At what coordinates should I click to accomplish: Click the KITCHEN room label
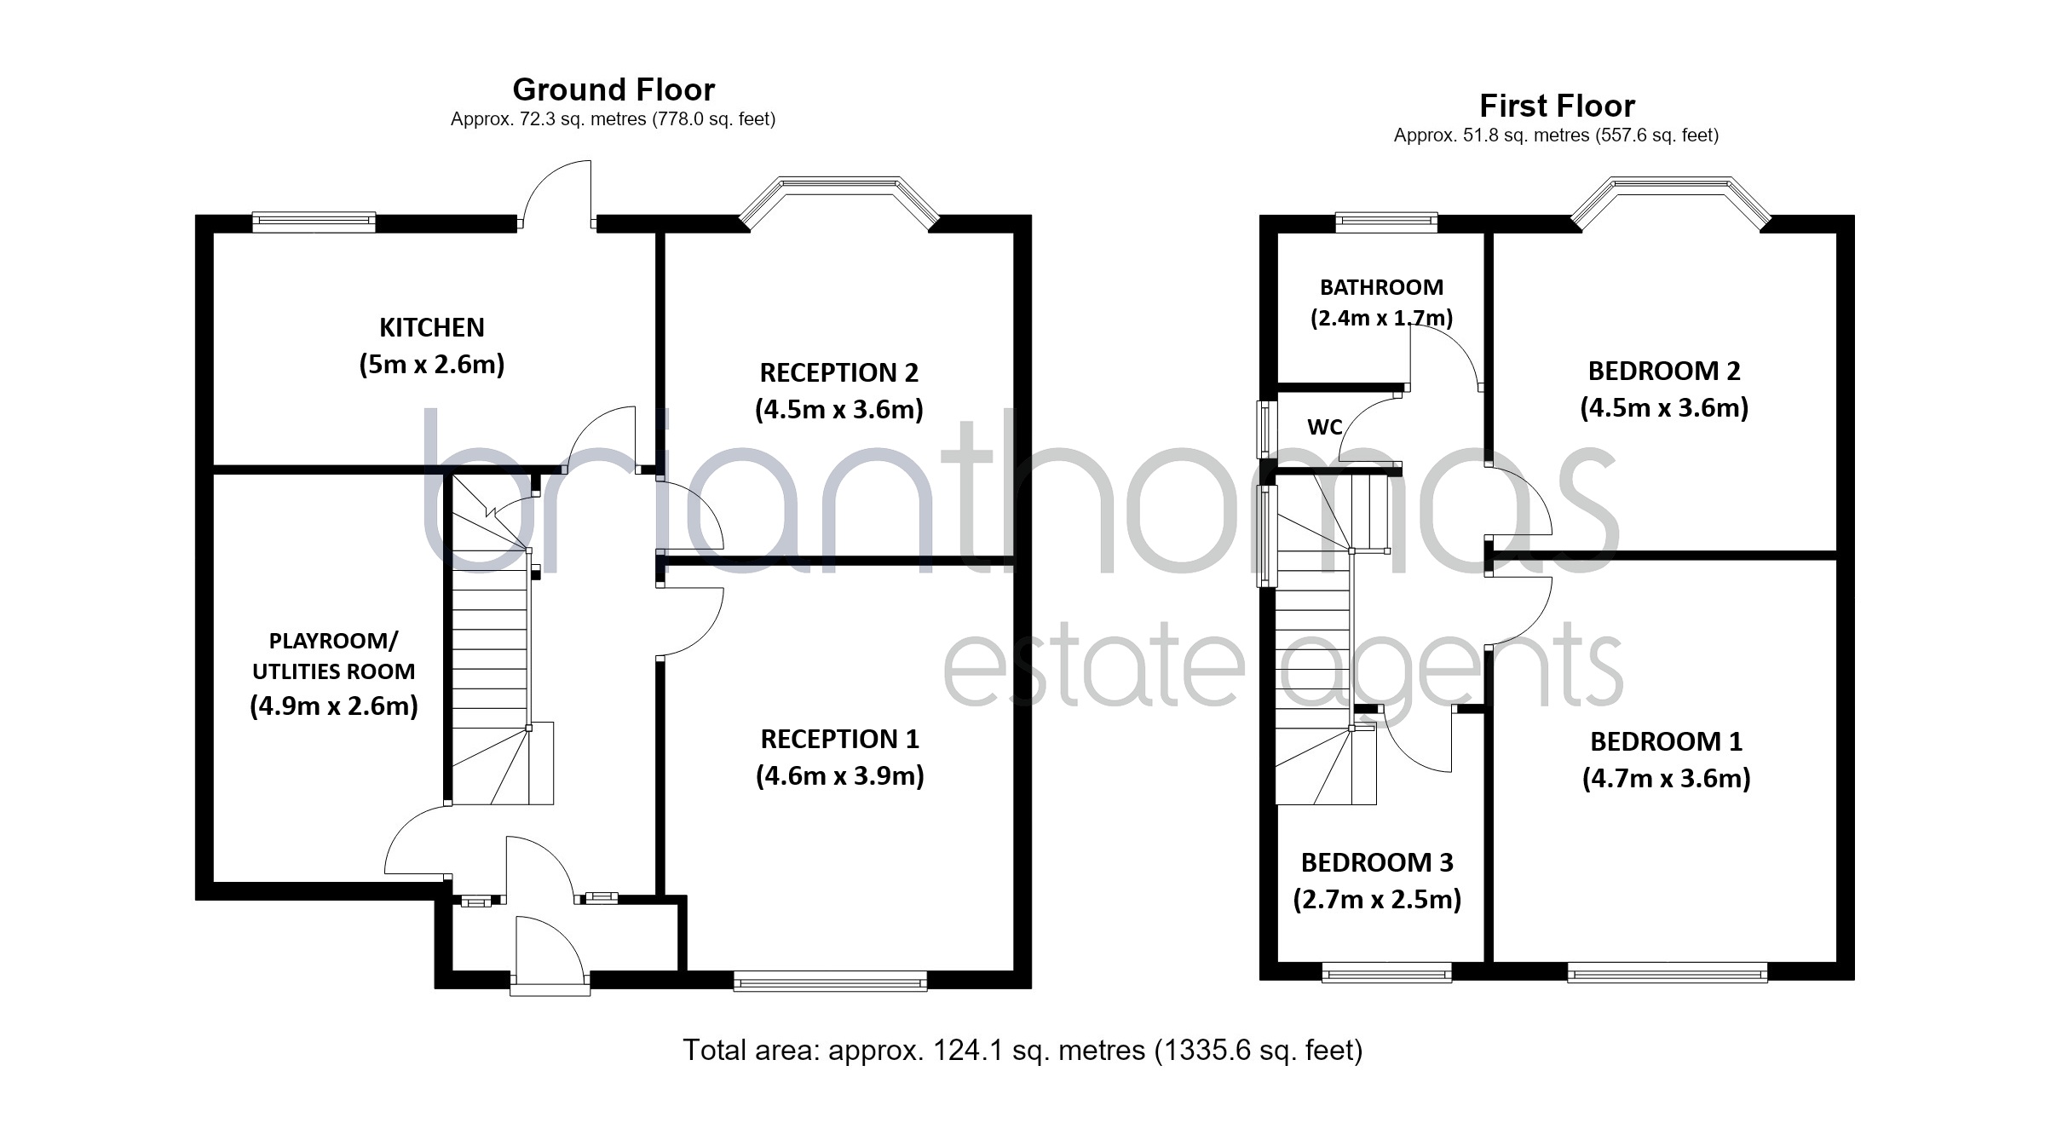432,327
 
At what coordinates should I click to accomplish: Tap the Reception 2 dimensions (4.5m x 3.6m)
839,410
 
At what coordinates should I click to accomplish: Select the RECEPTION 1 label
840,739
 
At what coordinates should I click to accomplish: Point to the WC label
1325,427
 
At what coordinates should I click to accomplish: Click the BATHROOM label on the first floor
1381,287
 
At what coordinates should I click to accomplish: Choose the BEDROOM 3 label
1377,862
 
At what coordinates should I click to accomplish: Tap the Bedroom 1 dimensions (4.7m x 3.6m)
1666,779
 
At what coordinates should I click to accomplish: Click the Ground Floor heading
613,89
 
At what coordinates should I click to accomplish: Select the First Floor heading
1557,106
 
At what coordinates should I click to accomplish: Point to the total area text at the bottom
1022,1050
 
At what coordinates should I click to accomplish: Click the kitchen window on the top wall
314,222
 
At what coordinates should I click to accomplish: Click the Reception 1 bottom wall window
830,981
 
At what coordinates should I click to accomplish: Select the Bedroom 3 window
1386,972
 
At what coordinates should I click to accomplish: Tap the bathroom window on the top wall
1386,222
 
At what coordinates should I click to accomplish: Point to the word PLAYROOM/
333,641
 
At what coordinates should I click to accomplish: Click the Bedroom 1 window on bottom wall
1668,972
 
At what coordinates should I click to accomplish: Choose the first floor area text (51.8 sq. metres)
1556,135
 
